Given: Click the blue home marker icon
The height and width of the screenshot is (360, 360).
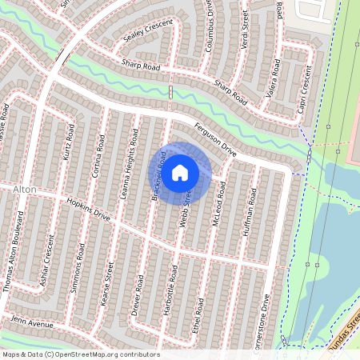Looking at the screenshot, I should [180, 173].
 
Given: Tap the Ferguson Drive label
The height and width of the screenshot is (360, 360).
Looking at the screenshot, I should [215, 138].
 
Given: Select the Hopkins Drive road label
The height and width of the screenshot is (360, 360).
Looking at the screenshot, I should [89, 211].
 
